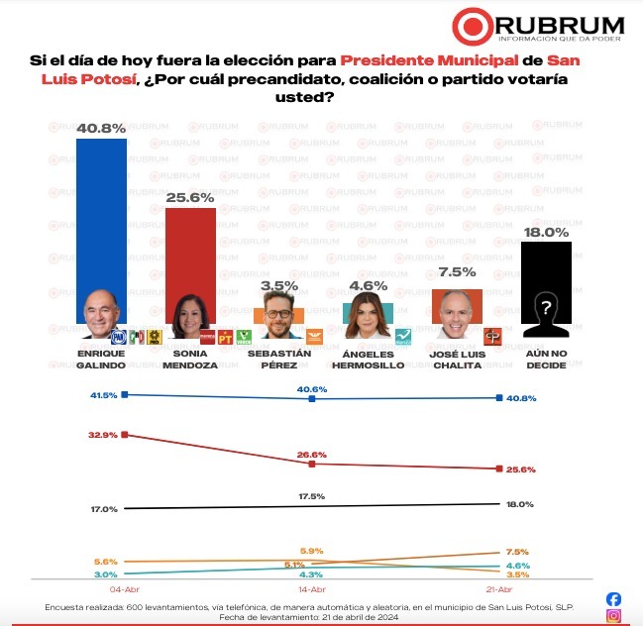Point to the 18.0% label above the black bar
click(546, 232)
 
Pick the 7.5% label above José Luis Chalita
click(458, 271)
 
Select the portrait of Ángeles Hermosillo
click(367, 318)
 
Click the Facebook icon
click(613, 599)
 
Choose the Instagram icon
click(613, 616)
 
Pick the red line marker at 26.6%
click(312, 464)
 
